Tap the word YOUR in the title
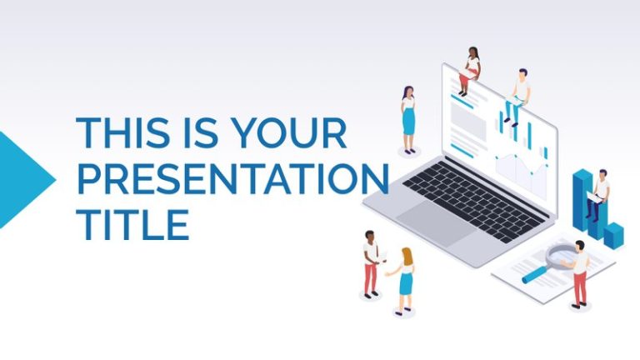(x=287, y=133)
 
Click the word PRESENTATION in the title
(x=232, y=178)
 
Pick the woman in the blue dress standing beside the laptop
(x=408, y=121)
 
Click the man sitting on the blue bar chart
(x=597, y=196)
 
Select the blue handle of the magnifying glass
(x=533, y=274)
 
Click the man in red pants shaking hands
(x=370, y=262)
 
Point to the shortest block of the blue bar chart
(x=615, y=235)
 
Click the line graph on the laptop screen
(x=521, y=167)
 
